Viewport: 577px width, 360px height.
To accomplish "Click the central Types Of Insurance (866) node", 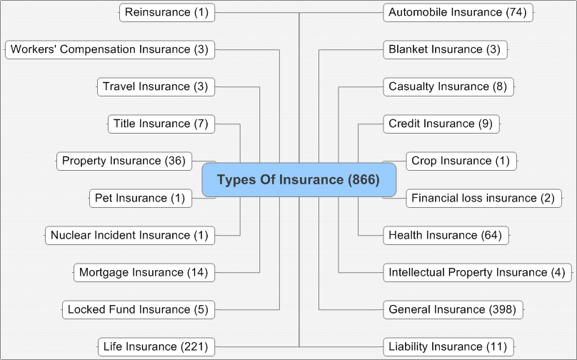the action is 298,179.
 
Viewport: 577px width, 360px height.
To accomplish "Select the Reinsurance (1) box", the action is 167,13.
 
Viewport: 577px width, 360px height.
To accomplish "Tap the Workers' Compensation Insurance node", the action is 110,50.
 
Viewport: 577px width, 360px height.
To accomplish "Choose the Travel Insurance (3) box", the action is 156,87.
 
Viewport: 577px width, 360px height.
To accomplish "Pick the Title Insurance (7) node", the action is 161,124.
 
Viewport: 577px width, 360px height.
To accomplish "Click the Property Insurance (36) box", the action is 124,161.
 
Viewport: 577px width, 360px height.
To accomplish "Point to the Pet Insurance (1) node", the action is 141,199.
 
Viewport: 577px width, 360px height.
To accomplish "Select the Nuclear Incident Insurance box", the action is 130,236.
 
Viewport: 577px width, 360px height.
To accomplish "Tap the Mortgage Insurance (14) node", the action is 144,273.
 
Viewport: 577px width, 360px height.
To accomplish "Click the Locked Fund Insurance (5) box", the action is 139,310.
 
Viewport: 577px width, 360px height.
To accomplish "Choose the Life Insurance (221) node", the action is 156,347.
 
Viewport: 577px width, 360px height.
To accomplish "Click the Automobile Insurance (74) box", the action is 458,13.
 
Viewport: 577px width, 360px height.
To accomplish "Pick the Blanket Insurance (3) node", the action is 446,50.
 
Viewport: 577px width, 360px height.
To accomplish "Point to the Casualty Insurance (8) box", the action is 448,87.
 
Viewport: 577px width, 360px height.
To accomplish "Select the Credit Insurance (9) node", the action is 441,124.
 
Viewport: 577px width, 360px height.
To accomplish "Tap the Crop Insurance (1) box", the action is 461,161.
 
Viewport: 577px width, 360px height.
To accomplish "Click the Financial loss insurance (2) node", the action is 484,199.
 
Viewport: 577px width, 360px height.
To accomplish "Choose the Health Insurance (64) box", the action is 446,236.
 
